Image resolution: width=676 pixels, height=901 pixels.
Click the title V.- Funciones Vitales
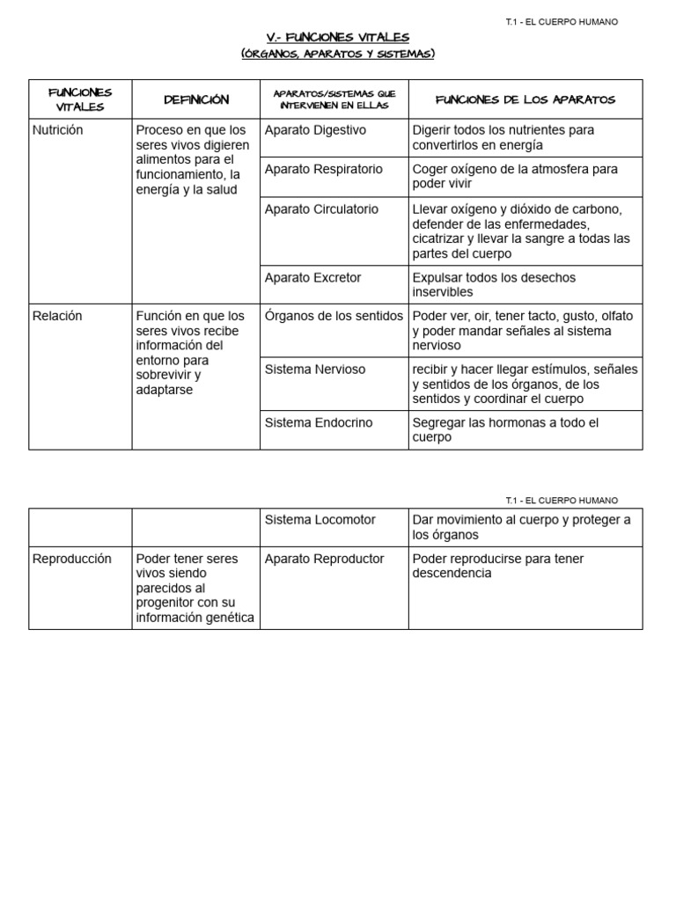point(338,37)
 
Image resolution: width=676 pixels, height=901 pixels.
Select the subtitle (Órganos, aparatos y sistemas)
point(338,55)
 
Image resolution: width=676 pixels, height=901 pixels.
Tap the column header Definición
point(196,99)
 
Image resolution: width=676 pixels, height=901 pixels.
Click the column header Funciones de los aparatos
point(525,99)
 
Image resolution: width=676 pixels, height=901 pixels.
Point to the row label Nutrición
point(57,130)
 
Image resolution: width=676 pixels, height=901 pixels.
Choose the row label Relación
point(55,316)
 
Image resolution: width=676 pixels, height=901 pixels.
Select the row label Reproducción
point(72,559)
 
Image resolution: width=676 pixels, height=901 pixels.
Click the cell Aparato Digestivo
point(315,130)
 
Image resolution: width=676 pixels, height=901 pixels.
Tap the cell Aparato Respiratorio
point(323,169)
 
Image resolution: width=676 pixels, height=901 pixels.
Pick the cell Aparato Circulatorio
point(321,209)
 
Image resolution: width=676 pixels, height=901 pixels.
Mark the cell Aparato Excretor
point(312,277)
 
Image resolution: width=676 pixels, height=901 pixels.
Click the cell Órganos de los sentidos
point(334,316)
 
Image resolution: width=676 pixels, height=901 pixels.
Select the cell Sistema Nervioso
point(314,370)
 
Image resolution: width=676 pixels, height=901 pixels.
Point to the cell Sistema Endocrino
point(318,422)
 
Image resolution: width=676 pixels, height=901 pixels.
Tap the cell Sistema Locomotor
point(320,519)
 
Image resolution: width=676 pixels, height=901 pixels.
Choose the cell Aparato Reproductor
point(324,559)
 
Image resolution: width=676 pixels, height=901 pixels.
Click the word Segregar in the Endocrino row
point(438,422)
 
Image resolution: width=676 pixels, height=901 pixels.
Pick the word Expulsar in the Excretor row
point(437,277)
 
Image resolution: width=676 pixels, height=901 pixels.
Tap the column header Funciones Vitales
point(80,99)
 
